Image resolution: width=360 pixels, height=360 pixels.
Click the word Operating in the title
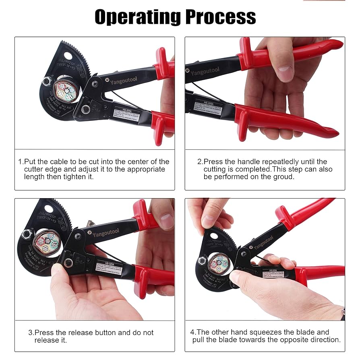[137, 17]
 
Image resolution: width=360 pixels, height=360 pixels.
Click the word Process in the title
[221, 17]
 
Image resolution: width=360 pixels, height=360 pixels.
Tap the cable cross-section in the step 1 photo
[66, 89]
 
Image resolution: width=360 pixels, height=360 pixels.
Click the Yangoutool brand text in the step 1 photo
[124, 81]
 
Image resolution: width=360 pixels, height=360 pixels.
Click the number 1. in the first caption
[21, 161]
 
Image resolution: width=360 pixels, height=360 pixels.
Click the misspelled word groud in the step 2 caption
[285, 177]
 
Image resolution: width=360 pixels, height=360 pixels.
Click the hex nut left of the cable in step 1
[47, 82]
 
